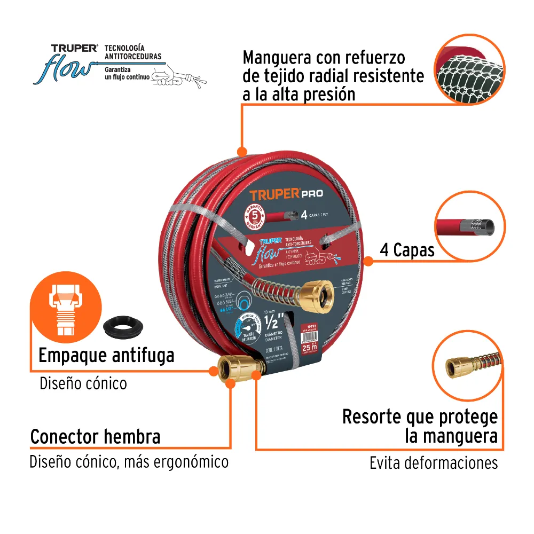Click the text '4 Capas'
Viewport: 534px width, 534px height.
click(407, 250)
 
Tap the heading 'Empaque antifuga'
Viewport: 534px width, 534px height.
click(106, 355)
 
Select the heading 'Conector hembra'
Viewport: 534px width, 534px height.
click(95, 436)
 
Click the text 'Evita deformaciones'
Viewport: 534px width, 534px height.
click(434, 462)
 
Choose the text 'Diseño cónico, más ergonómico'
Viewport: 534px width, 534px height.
click(129, 461)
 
